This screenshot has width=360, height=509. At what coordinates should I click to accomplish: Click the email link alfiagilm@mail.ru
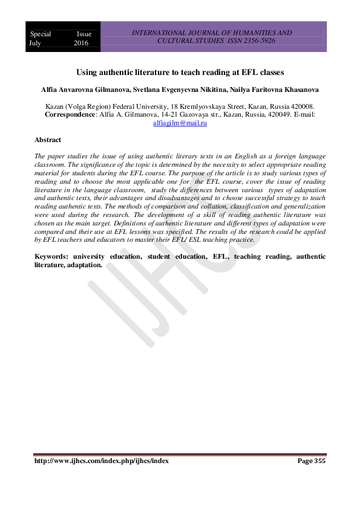[181, 123]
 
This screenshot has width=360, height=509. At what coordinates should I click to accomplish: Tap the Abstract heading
[48, 140]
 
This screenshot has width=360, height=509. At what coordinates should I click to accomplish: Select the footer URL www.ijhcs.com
[101, 461]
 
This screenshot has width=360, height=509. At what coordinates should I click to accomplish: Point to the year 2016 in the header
[81, 44]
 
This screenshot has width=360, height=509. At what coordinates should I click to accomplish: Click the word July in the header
[38, 44]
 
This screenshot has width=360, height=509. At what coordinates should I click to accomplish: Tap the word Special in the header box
[41, 34]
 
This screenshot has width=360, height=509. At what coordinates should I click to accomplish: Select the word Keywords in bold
[54, 256]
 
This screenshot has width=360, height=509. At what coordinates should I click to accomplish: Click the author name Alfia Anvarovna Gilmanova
[76, 89]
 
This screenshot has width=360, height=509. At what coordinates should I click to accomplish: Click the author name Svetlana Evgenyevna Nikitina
[177, 89]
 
